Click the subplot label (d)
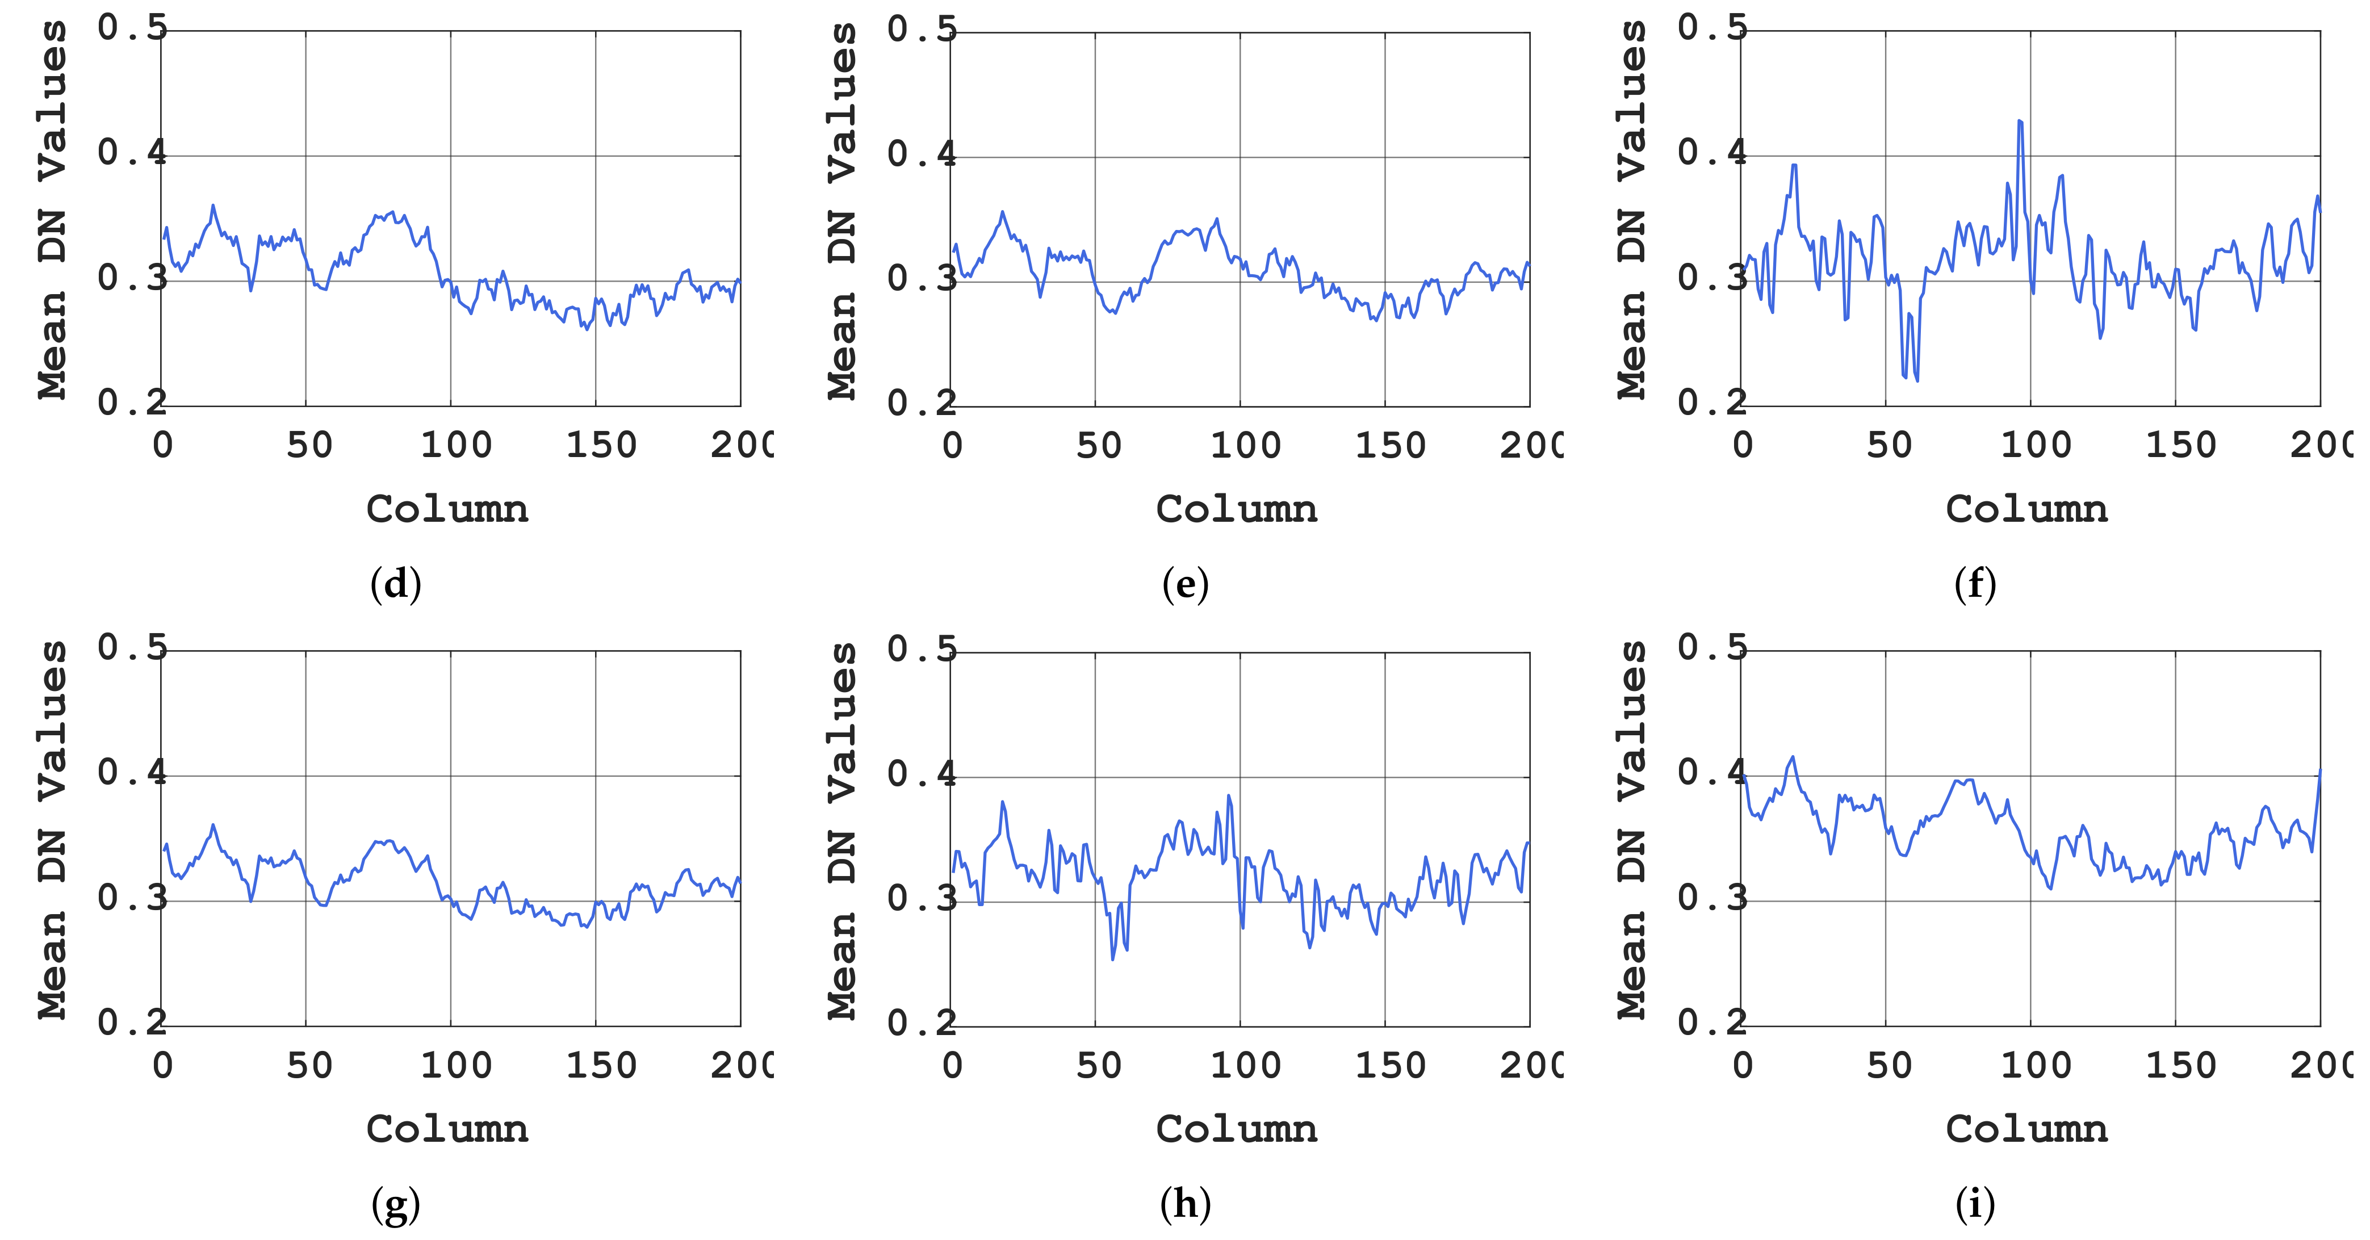(x=396, y=584)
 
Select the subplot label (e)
(x=1185, y=584)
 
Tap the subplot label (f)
(x=1974, y=584)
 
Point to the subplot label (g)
(x=396, y=1204)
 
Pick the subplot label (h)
(x=1185, y=1204)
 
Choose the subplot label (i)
(x=1974, y=1204)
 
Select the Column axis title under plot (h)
(x=1237, y=1129)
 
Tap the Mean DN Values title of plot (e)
(x=842, y=212)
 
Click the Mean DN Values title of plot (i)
(x=1631, y=831)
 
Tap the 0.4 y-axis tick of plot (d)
(x=132, y=153)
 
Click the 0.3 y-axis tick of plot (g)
(x=132, y=898)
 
